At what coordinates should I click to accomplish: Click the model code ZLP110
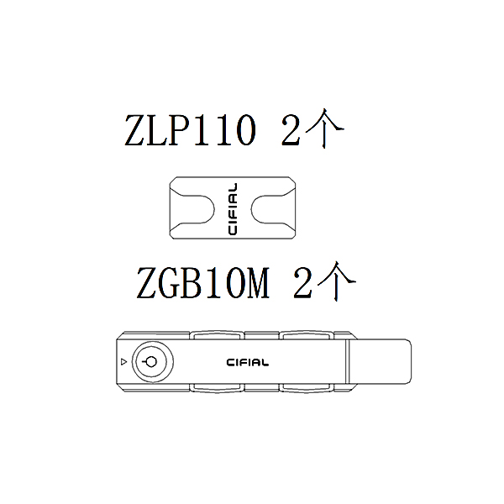(x=191, y=130)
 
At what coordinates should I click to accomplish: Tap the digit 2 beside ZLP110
(x=291, y=130)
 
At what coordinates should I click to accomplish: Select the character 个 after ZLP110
(x=324, y=128)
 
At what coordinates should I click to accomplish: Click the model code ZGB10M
(x=202, y=283)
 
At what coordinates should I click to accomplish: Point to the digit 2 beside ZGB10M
(x=302, y=283)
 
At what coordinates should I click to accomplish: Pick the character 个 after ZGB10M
(x=337, y=281)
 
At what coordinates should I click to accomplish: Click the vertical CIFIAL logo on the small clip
(x=233, y=209)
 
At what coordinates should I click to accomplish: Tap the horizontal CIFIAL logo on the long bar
(x=248, y=363)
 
